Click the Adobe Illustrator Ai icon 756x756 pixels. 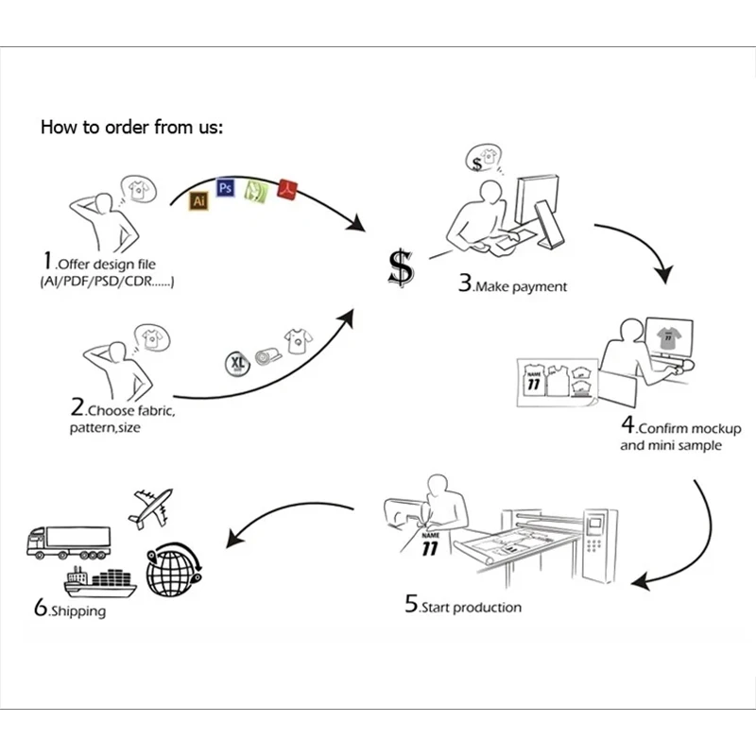[198, 200]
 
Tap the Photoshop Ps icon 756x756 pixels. [225, 187]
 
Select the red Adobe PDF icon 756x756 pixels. [286, 190]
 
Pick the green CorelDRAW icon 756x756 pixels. [255, 191]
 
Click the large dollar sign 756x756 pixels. [402, 268]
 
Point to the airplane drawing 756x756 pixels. [151, 509]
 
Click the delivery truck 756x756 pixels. [66, 541]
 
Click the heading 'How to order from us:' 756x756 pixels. [131, 127]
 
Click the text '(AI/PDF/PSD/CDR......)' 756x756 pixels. [108, 282]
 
